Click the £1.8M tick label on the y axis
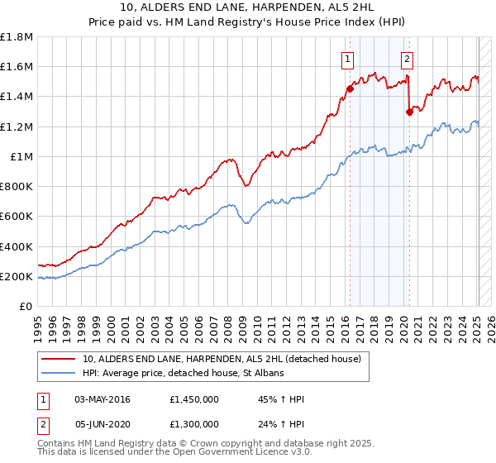pos(17,37)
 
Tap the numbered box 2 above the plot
pos(408,59)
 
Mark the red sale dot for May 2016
pos(350,88)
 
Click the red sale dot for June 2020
pos(409,112)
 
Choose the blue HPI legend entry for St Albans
pos(183,374)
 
